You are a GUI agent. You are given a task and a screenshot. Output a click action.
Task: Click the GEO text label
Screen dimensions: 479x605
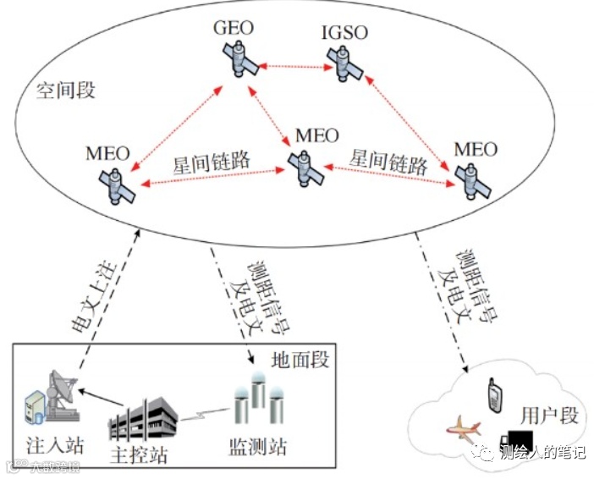(x=234, y=29)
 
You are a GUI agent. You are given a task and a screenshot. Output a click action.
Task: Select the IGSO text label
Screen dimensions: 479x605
(x=345, y=34)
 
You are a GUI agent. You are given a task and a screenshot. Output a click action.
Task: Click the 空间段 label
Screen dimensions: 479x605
(x=65, y=91)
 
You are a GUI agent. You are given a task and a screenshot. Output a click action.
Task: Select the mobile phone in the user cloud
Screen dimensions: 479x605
(x=492, y=394)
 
